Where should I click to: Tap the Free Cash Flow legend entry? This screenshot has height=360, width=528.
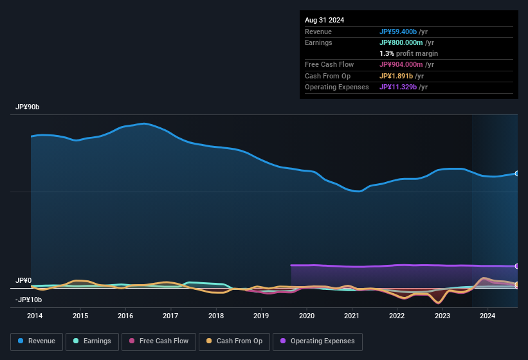159,341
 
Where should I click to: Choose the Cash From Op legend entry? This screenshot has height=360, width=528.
234,341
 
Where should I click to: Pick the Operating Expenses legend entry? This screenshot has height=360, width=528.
318,341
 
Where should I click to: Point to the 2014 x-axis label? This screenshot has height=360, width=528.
35,316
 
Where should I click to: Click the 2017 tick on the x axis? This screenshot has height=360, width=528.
170,316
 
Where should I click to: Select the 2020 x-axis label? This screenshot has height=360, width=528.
307,316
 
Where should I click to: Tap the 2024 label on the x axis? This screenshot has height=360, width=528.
487,316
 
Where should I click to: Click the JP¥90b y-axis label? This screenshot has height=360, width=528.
28,107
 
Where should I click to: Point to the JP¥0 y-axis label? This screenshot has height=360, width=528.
23,281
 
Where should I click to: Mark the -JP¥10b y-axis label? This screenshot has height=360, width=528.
28,300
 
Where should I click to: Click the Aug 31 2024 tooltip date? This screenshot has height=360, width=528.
324,20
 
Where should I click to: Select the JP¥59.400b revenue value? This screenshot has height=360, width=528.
403,32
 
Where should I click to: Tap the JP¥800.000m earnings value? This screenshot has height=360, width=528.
406,42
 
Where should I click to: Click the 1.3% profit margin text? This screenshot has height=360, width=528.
408,53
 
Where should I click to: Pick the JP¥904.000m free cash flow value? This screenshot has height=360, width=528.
406,64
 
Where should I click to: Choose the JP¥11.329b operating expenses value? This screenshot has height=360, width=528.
403,87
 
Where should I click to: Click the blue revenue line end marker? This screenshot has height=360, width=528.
517,174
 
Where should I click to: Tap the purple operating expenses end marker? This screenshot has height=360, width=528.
517,266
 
